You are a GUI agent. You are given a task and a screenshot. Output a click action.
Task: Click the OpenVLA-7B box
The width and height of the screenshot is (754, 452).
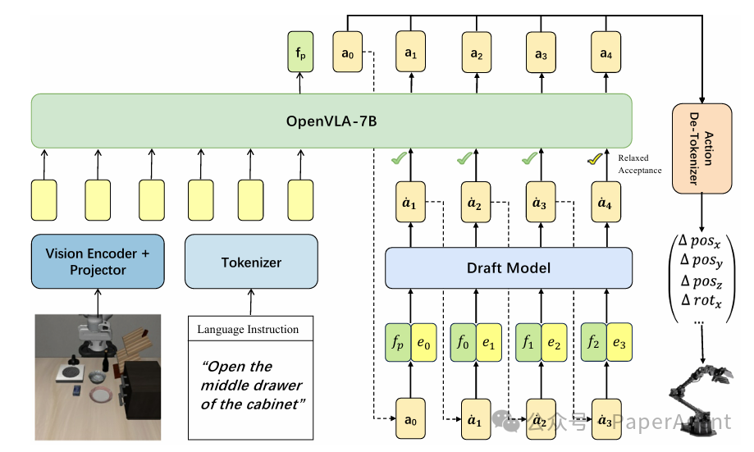coord(331,121)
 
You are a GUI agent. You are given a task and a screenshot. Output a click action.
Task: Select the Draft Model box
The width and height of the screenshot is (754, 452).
coord(509,268)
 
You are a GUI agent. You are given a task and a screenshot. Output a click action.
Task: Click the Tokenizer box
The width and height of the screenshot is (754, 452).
coord(251,263)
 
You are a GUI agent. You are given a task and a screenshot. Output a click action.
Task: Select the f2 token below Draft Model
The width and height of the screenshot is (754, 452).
coord(593,342)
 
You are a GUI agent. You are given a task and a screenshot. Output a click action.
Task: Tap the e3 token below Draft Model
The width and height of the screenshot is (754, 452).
coord(618,342)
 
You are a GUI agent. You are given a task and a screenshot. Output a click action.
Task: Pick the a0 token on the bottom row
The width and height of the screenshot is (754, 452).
coord(411,420)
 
